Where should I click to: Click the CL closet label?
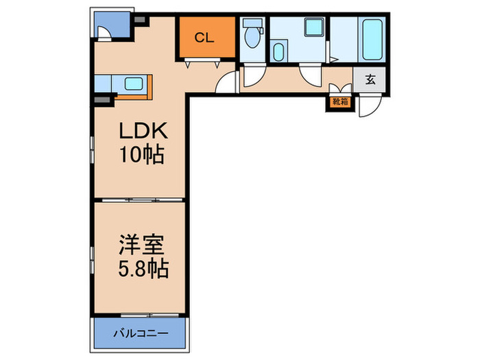tap(204, 38)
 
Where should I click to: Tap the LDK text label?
tap(143, 131)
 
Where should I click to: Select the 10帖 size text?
tap(142, 154)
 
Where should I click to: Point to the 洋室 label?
tap(142, 245)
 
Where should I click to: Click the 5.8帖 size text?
tap(143, 269)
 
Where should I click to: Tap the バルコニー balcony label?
tap(141, 333)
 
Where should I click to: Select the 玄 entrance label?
tap(370, 80)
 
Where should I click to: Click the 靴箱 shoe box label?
tap(340, 102)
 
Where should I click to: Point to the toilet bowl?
tap(252, 38)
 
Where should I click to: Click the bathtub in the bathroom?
tap(372, 40)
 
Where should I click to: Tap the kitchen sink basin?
tap(134, 84)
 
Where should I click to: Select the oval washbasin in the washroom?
tap(278, 52)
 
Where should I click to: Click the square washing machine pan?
tap(314, 27)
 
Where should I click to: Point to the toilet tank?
tap(252, 23)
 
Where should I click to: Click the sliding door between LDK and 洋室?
tap(142, 200)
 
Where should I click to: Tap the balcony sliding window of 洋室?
tap(149, 315)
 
